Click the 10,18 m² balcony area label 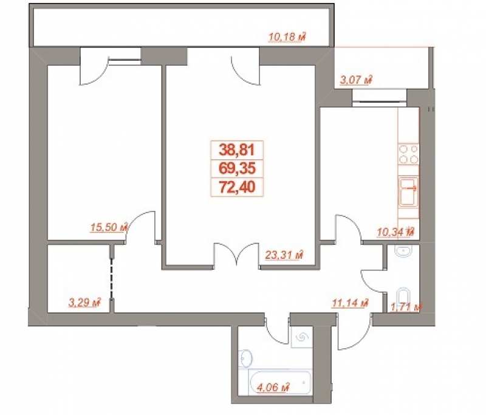click(287, 37)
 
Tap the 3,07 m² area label click(356, 80)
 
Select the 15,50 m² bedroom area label click(109, 227)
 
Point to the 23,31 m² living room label click(284, 255)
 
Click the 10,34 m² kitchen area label click(396, 232)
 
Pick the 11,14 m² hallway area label click(350, 303)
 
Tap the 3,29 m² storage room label click(85, 303)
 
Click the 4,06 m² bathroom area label click(273, 387)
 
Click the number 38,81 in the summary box click(237, 150)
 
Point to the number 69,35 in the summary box click(237, 168)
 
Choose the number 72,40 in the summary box click(237, 187)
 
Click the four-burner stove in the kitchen click(408, 154)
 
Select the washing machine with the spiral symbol click(301, 337)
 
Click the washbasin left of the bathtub click(245, 358)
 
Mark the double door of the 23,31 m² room click(237, 254)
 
